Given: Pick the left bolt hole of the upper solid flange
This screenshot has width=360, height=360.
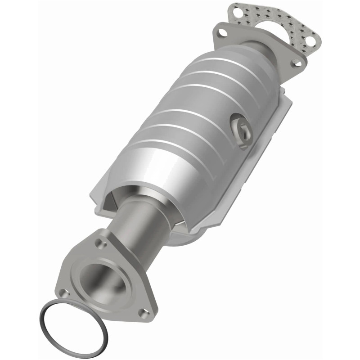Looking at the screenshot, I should tap(221, 32).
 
